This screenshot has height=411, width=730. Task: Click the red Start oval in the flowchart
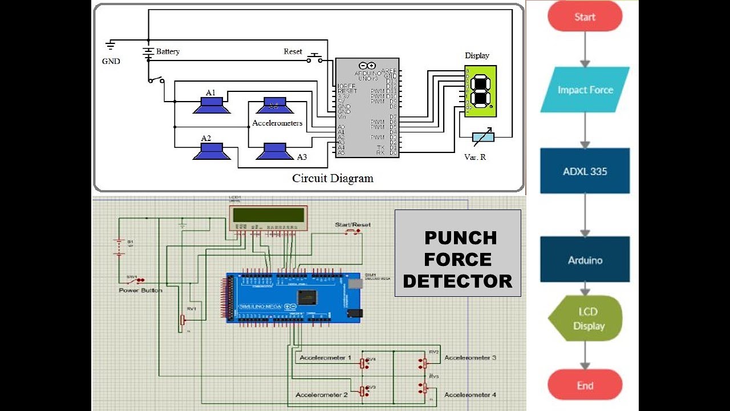pos(585,17)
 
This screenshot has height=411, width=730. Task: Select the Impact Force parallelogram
pos(585,90)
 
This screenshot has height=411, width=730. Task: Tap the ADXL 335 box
pos(585,171)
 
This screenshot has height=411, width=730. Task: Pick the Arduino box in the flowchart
pos(585,260)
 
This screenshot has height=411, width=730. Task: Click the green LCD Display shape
pos(585,319)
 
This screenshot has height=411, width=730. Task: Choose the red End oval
pos(585,385)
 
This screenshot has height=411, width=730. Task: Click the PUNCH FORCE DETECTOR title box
pos(457,253)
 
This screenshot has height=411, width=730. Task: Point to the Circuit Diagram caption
pos(332,178)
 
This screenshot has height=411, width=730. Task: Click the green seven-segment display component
pos(480,91)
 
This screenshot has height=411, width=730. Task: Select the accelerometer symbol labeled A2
pos(211,151)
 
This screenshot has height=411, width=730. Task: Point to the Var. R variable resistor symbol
pos(483,137)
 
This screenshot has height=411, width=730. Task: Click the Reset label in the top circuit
pos(293,51)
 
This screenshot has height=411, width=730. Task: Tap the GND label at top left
pos(111,61)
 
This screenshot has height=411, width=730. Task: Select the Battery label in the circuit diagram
pos(168,51)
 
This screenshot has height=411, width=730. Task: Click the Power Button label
pos(140,291)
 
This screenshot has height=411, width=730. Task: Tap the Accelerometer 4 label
pos(470,394)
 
